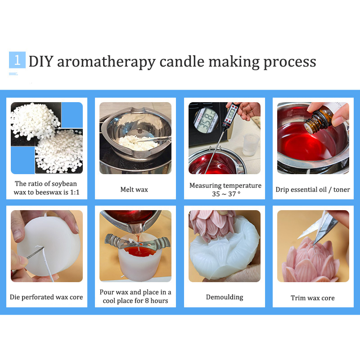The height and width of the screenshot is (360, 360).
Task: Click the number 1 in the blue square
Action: (x=17, y=60)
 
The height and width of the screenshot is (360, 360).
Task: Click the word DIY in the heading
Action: (x=41, y=62)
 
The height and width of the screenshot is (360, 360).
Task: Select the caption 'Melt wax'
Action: (x=134, y=189)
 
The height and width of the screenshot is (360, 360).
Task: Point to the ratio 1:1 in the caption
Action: (x=75, y=192)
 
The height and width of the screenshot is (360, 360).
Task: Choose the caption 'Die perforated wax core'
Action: (x=46, y=297)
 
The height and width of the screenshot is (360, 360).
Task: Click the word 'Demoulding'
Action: (x=225, y=297)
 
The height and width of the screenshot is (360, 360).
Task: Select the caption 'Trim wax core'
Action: (x=313, y=298)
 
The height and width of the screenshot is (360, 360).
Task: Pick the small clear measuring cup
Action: (x=251, y=144)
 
